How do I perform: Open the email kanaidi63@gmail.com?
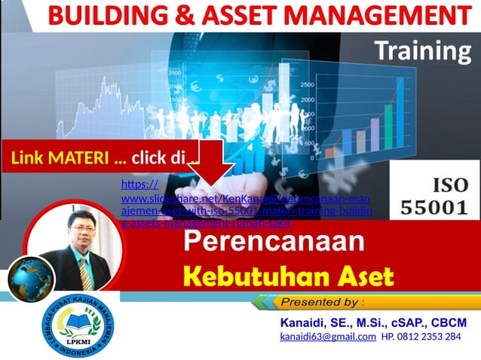tap(327, 337)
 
